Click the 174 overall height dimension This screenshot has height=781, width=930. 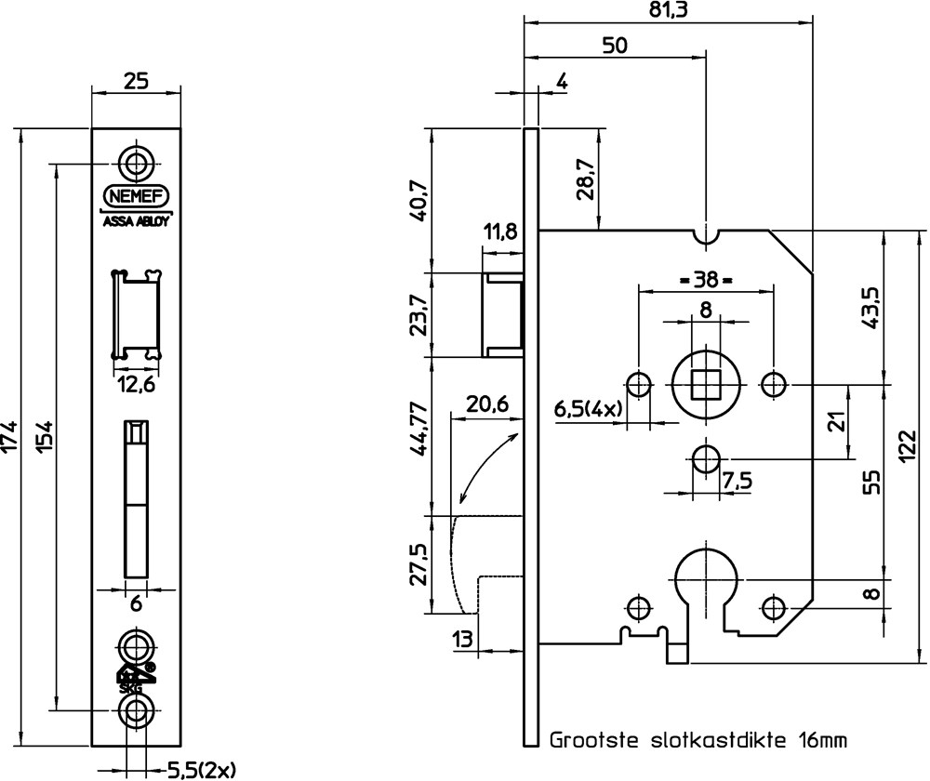(10, 437)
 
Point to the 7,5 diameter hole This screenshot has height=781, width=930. (705, 458)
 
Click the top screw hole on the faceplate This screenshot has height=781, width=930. (138, 163)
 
